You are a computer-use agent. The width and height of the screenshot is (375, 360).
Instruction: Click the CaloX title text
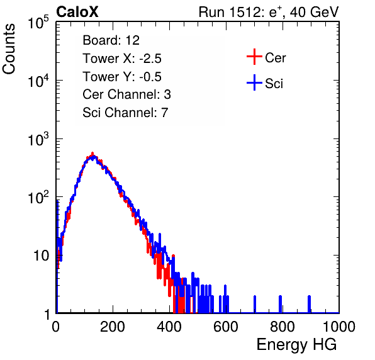(x=77, y=12)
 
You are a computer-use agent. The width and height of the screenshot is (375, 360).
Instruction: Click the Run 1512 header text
(x=269, y=13)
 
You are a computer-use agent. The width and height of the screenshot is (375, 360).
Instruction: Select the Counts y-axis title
(x=9, y=49)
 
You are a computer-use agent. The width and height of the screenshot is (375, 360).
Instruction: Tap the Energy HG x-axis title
(x=296, y=345)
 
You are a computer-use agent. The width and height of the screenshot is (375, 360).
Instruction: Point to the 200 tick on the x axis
(x=113, y=327)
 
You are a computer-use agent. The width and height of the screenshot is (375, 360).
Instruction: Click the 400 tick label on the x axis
(x=169, y=327)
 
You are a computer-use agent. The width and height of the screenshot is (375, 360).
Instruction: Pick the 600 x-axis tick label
(x=226, y=327)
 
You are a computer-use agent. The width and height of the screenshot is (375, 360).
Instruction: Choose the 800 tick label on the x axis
(x=283, y=327)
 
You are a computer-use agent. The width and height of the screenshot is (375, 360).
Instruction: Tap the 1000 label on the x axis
(x=339, y=327)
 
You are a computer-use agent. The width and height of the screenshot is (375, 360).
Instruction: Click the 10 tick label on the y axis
(x=42, y=256)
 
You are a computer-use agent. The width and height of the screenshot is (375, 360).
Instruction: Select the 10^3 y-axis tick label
(x=38, y=139)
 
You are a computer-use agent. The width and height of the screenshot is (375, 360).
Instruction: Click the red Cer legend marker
(x=254, y=57)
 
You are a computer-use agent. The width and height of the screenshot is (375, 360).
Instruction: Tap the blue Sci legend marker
(x=254, y=83)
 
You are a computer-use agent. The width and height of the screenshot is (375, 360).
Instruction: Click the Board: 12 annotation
(x=111, y=40)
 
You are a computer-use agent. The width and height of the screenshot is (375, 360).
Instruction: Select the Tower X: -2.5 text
(x=122, y=59)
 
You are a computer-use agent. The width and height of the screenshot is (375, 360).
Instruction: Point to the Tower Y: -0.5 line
(x=122, y=77)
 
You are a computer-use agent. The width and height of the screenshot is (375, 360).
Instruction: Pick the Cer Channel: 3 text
(x=126, y=94)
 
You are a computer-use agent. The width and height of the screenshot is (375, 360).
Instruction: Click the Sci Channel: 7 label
(x=125, y=113)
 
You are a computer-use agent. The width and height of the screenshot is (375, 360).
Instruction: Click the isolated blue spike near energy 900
(x=309, y=304)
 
